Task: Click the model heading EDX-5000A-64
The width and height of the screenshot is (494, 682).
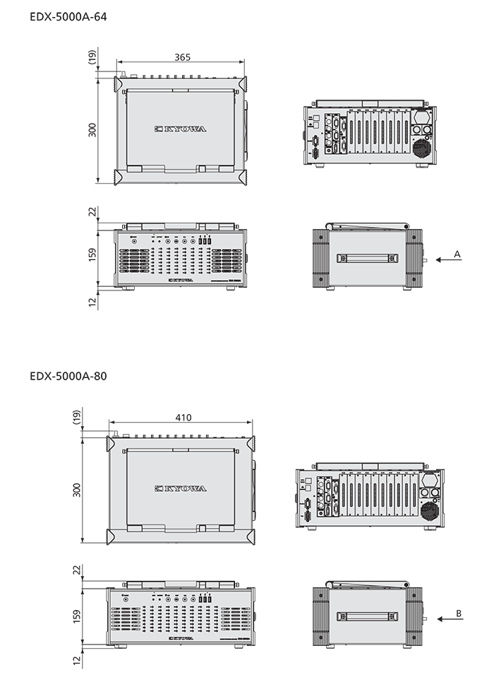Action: click(x=68, y=15)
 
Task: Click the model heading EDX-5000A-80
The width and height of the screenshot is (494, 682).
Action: click(x=68, y=377)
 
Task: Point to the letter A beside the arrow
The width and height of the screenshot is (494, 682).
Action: click(x=457, y=252)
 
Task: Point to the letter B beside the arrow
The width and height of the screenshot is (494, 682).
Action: click(x=458, y=613)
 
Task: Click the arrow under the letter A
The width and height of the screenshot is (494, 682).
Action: click(x=448, y=260)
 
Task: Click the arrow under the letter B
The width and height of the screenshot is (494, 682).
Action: click(x=449, y=619)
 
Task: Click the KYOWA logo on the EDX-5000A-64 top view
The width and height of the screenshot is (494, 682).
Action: click(x=181, y=129)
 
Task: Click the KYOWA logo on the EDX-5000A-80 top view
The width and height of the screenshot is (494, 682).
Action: click(x=181, y=488)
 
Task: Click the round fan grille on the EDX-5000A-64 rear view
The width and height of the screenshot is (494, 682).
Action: click(x=422, y=148)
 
